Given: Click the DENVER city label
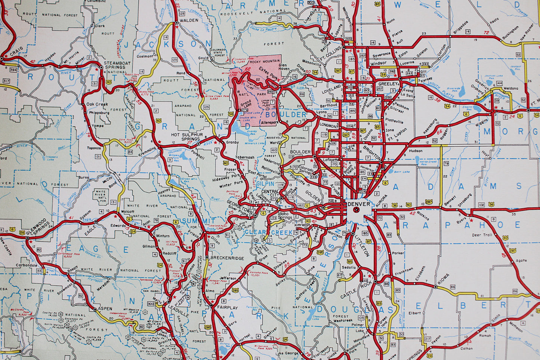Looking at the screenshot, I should pyautogui.click(x=358, y=204).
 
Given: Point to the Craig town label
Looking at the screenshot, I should pyautogui.click(x=16, y=49).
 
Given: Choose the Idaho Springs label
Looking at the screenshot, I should pyautogui.click(x=285, y=216).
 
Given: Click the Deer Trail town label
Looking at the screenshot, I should pyautogui.click(x=482, y=235).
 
